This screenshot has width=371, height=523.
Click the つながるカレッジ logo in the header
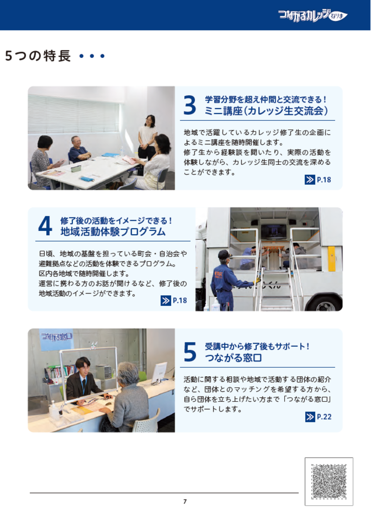(312, 15)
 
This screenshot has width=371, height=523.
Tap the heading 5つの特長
(38, 56)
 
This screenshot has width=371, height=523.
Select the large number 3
(190, 106)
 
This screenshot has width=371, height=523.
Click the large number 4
(45, 226)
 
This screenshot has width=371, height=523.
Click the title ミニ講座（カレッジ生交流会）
(267, 111)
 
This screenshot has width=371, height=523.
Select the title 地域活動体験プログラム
(113, 231)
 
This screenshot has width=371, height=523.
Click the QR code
(329, 481)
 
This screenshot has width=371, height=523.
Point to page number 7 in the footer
(185, 501)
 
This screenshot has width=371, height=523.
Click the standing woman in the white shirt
(148, 134)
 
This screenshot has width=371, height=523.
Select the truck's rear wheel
(325, 303)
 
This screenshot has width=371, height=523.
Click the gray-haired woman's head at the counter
(128, 373)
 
